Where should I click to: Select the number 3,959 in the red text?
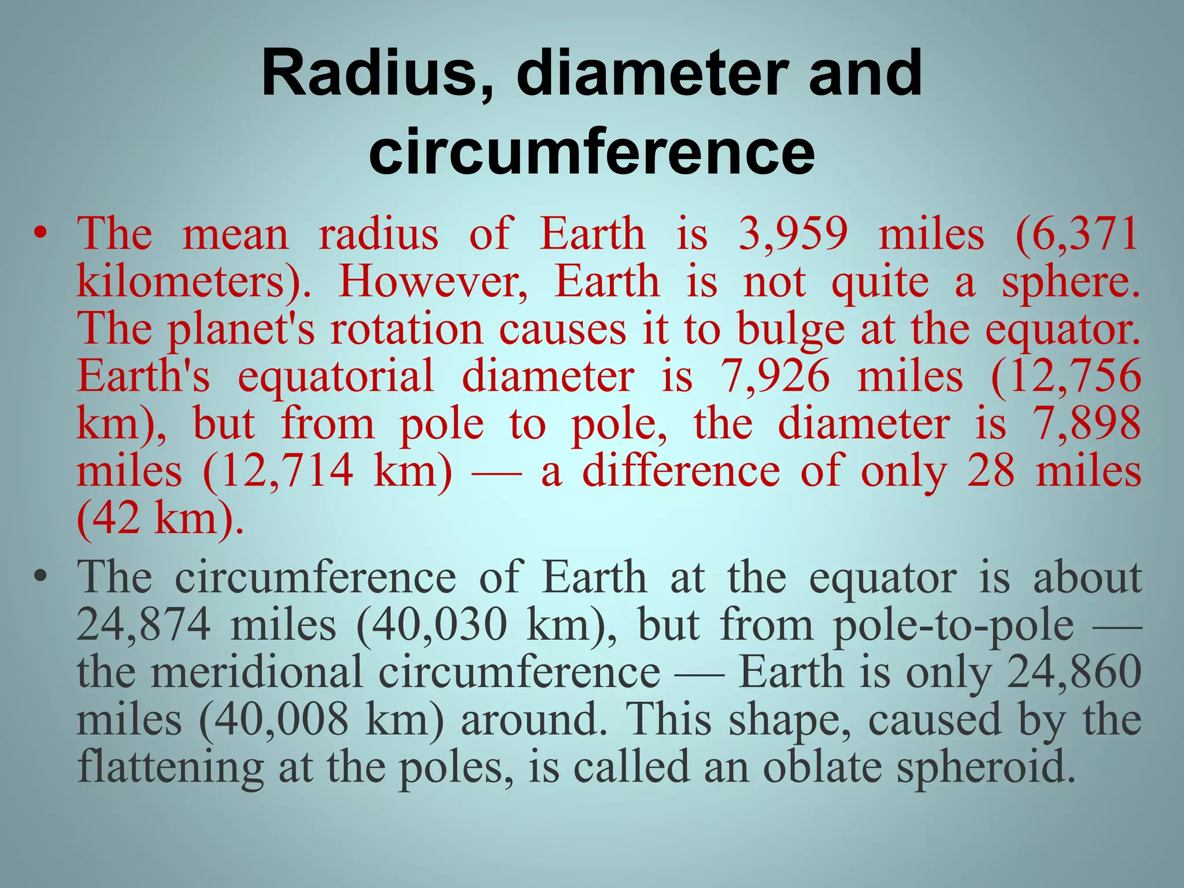[x=793, y=235]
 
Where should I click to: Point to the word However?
[x=433, y=283]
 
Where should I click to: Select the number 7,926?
[x=774, y=378]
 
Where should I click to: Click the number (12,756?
[x=1065, y=378]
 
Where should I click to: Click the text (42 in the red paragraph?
[x=108, y=519]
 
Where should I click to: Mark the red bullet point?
[x=39, y=234]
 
